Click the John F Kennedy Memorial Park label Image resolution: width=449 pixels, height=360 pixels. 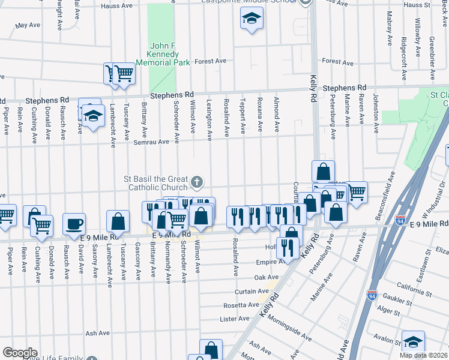pyautogui.click(x=163, y=53)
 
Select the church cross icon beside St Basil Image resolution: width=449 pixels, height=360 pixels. pyautogui.click(x=197, y=181)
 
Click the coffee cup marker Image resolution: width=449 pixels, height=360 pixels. pyautogui.click(x=74, y=224)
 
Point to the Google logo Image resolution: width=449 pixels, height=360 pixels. pyautogui.click(x=20, y=353)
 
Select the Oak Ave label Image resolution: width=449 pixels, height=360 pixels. pyautogui.click(x=267, y=277)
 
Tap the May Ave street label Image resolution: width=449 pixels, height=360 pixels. pyautogui.click(x=28, y=26)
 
